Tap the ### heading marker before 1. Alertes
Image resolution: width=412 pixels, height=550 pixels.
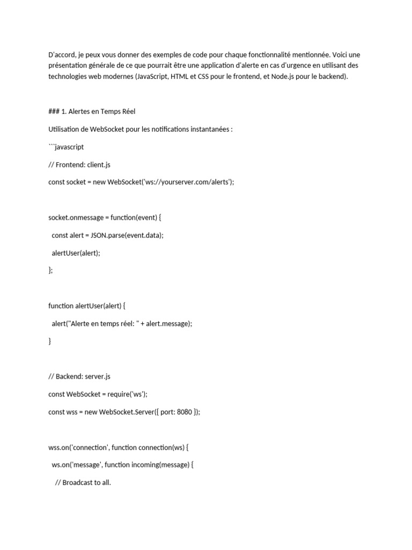[x=54, y=112]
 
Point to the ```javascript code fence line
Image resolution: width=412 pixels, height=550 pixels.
[x=66, y=147]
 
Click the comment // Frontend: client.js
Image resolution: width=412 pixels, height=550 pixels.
[x=79, y=164]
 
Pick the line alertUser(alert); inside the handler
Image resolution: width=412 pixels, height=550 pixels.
[x=76, y=252]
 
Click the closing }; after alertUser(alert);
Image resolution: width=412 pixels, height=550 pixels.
[x=51, y=270]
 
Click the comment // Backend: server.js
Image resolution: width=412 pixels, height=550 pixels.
[x=79, y=377]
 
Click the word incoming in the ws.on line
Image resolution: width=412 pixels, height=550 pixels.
[x=138, y=465]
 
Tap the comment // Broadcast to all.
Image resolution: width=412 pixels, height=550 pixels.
[x=83, y=482]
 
